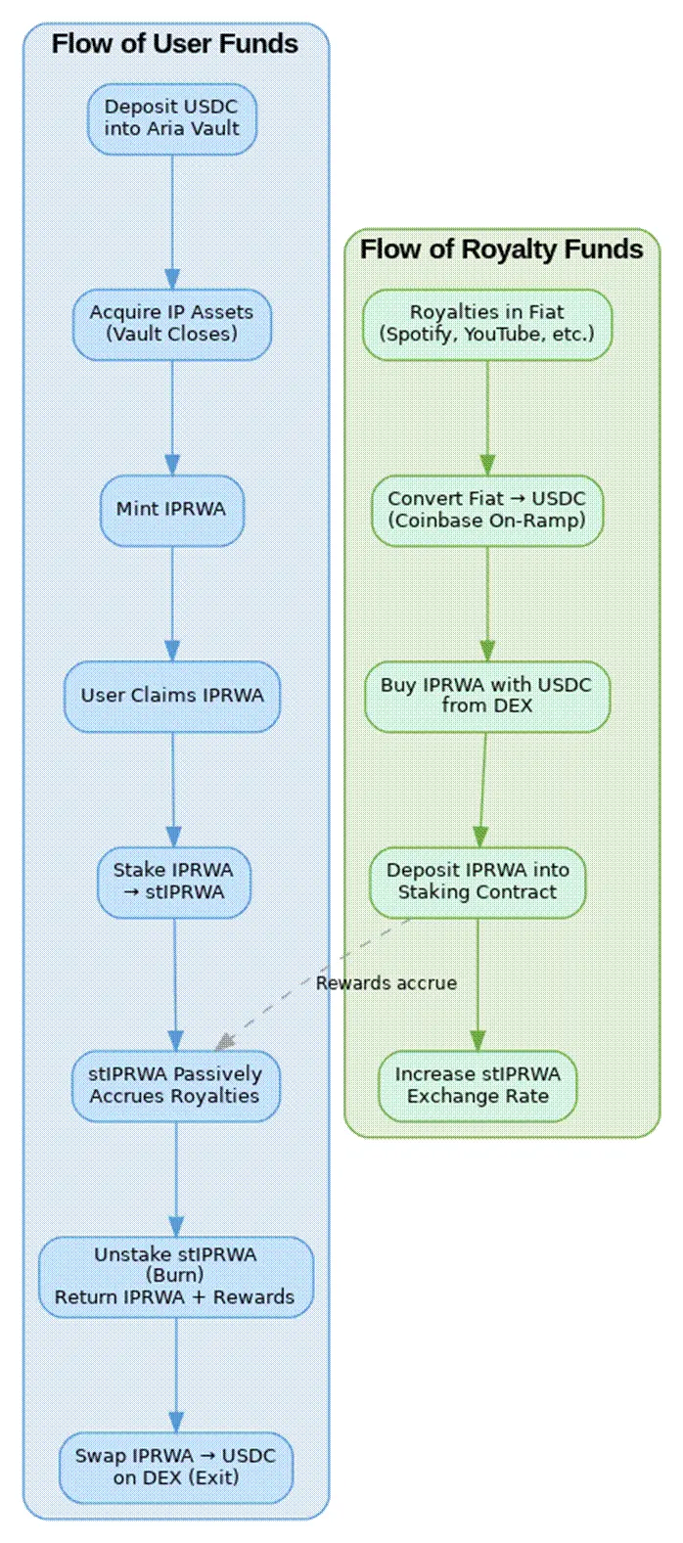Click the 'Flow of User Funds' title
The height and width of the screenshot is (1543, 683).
(175, 44)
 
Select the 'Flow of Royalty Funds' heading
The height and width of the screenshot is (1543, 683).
(501, 250)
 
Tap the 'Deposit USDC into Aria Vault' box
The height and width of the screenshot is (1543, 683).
(172, 118)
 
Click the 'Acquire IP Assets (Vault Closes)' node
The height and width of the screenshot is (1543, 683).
(172, 324)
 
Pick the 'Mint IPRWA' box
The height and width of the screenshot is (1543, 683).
(172, 510)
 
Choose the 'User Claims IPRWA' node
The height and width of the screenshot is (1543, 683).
(172, 696)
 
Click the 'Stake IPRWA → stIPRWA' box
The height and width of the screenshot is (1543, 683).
(173, 882)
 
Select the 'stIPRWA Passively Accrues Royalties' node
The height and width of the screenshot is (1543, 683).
(175, 1086)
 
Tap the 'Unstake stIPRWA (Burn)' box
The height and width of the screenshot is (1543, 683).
(176, 1276)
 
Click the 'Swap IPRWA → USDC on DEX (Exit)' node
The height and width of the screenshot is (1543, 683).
(176, 1467)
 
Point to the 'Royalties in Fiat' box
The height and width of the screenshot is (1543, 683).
(487, 324)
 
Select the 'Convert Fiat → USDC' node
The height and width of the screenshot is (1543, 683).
(487, 510)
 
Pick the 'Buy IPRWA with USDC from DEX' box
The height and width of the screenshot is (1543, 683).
(487, 696)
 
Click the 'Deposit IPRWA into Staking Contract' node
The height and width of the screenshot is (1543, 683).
(478, 882)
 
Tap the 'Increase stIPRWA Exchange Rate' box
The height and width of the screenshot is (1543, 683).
(478, 1086)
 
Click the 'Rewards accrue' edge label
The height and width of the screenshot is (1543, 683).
(387, 983)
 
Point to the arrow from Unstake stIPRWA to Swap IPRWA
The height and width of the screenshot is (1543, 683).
(176, 1375)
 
